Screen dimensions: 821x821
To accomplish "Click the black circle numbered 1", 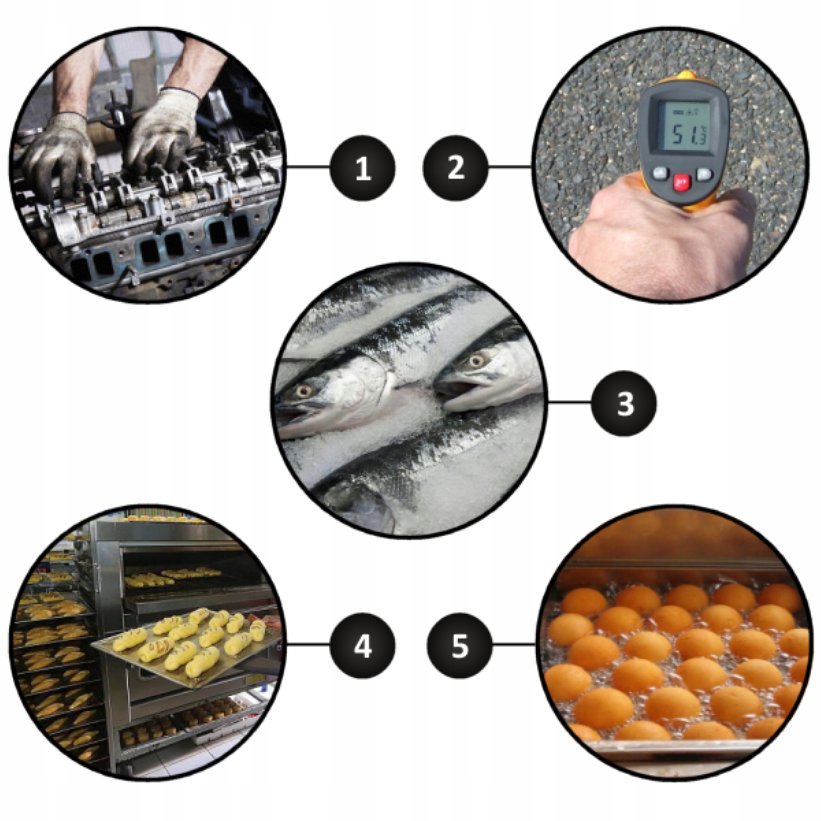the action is tap(362, 168).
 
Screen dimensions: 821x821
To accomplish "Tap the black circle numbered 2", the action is tap(456, 168).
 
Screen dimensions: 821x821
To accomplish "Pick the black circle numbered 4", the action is tap(362, 646).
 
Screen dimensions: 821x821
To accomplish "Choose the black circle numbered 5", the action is tap(459, 646).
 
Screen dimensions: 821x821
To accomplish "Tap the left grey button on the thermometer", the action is tap(660, 173).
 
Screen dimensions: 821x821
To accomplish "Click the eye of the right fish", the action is tap(477, 361).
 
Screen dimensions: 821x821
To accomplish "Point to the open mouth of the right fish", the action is tap(461, 389).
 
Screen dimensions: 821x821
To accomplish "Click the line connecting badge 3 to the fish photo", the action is tap(569, 402).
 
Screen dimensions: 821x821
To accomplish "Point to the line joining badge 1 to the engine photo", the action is tap(309, 166).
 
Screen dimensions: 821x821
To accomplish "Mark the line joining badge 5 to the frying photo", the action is tap(513, 644).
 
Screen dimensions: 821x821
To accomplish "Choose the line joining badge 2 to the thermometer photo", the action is tap(509, 166).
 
